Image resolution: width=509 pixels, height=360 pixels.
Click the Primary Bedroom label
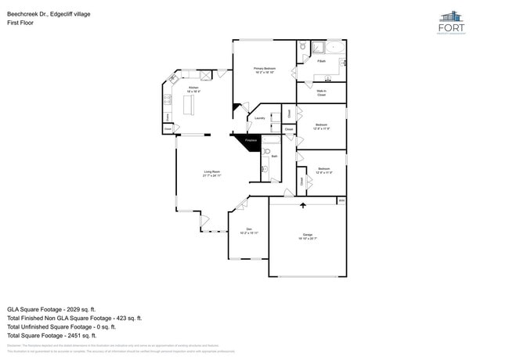point(264,70)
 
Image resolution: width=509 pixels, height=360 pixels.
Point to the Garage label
point(308,235)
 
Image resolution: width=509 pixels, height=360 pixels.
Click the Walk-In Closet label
point(321,93)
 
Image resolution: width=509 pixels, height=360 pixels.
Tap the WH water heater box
point(341,201)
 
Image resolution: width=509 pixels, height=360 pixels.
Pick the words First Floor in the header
point(19,23)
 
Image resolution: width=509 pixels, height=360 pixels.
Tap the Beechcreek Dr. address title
point(49,13)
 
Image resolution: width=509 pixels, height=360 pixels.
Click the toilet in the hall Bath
point(267,151)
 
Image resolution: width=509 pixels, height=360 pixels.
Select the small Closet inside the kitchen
point(168,129)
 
